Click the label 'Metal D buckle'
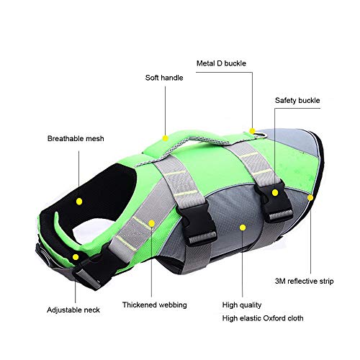coord(221,63)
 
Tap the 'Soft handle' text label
coord(164,78)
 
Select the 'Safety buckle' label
coord(297,100)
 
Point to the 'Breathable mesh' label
coord(76,138)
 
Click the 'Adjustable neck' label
coord(73,310)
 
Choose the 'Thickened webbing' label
coord(155,305)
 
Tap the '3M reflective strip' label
coord(304,281)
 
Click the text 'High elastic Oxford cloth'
coord(263,318)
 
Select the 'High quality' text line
coord(242,305)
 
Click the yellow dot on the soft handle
coord(165,138)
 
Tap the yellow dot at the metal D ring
coord(252,131)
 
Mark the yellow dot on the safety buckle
coord(275,192)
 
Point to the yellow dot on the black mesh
coord(79,202)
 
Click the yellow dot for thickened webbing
coord(151,223)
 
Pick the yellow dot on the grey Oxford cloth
coord(243,228)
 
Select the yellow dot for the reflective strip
coord(310,198)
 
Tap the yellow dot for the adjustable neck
coord(76,257)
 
